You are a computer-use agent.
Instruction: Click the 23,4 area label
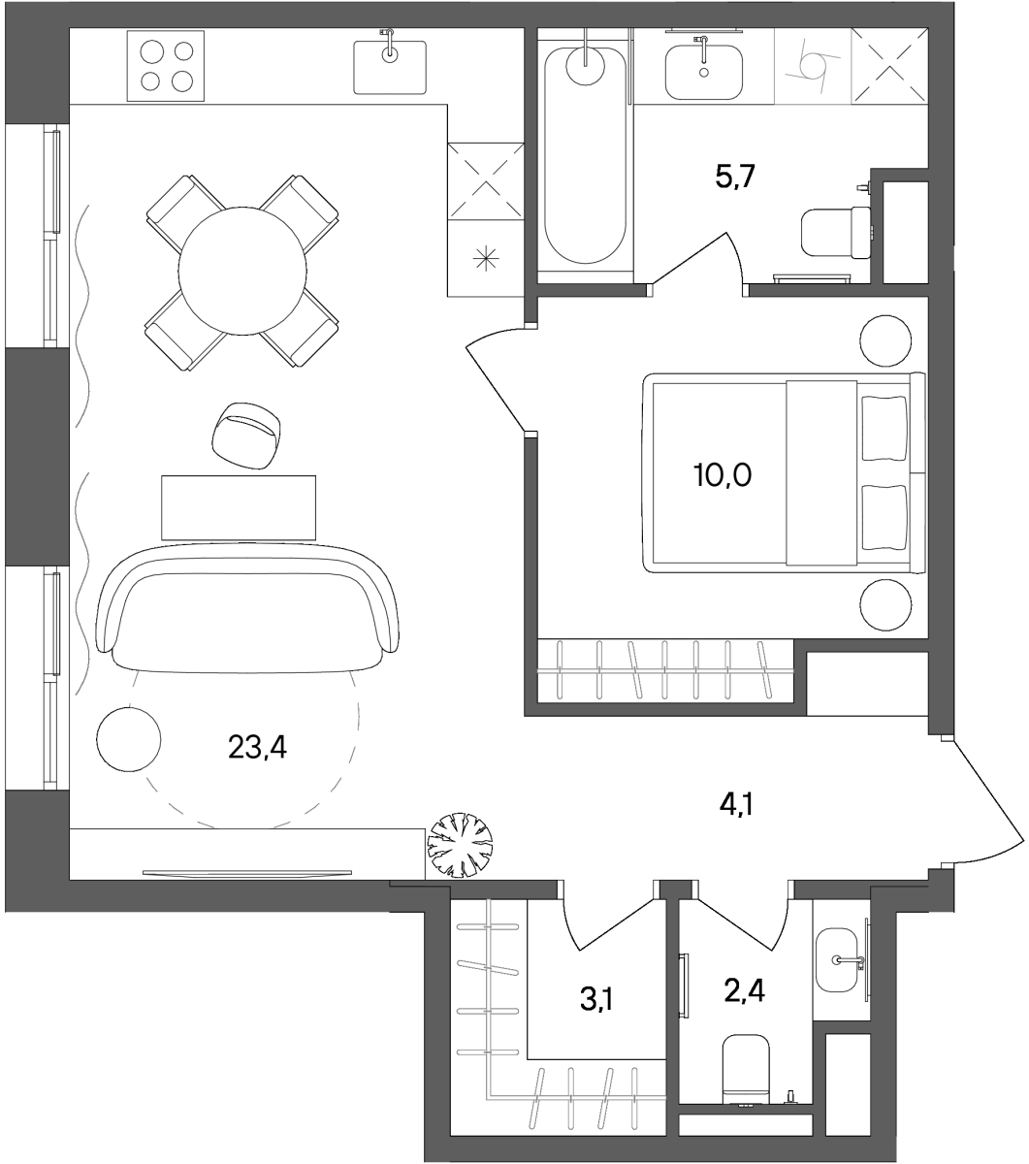257,748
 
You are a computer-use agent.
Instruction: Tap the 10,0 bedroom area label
723,475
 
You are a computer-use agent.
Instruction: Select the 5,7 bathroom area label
735,176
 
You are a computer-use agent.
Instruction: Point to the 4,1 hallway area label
736,804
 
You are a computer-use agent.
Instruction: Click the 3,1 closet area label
595,1000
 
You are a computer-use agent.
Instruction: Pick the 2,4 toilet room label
745,991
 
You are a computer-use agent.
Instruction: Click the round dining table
241,272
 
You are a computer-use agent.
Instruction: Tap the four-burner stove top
166,66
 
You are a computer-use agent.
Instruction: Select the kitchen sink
390,67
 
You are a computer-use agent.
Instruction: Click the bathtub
586,155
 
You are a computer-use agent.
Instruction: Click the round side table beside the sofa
129,739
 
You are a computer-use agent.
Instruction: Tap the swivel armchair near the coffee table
246,436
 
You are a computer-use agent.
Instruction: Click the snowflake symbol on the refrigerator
486,259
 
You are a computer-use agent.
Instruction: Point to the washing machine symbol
813,66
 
